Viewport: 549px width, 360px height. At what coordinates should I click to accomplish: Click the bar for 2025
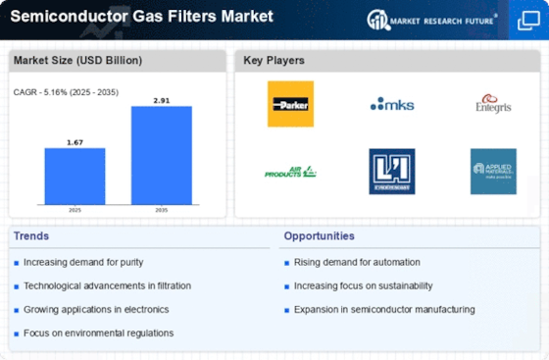pyautogui.click(x=75, y=178)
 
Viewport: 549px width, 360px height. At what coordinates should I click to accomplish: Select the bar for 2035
pyautogui.click(x=161, y=156)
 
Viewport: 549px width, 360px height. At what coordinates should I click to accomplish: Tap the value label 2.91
pyautogui.click(x=161, y=99)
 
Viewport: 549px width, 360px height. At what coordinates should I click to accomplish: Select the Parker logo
pyautogui.click(x=290, y=103)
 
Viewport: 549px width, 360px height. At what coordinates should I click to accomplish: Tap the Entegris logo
pyautogui.click(x=492, y=103)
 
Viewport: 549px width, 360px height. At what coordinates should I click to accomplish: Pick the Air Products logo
pyautogui.click(x=290, y=172)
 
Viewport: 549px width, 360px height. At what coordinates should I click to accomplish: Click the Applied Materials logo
pyautogui.click(x=492, y=172)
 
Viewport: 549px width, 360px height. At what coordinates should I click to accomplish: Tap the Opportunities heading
pyautogui.click(x=319, y=236)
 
